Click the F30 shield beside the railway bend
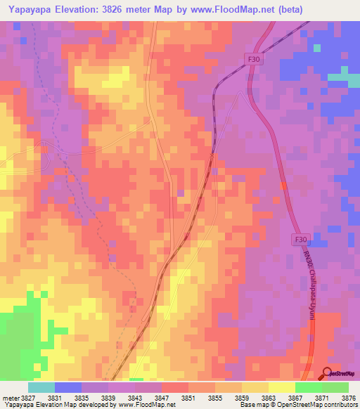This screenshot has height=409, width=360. (255, 60)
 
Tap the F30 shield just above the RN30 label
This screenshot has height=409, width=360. (300, 240)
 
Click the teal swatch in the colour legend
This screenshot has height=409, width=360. (41, 387)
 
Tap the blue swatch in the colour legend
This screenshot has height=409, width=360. (67, 387)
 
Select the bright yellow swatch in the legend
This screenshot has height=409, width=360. (281, 387)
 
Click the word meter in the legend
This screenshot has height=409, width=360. (10, 398)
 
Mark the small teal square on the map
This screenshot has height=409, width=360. (317, 48)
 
